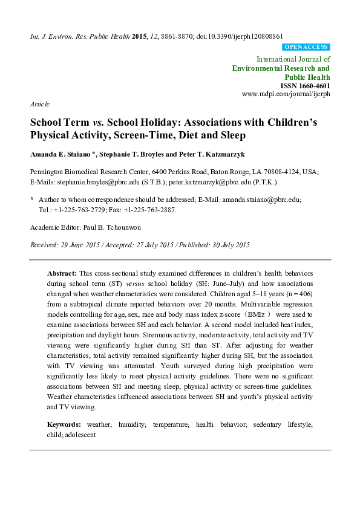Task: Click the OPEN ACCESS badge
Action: click(306, 47)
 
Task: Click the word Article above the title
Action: click(40, 105)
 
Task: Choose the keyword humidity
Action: click(130, 425)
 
